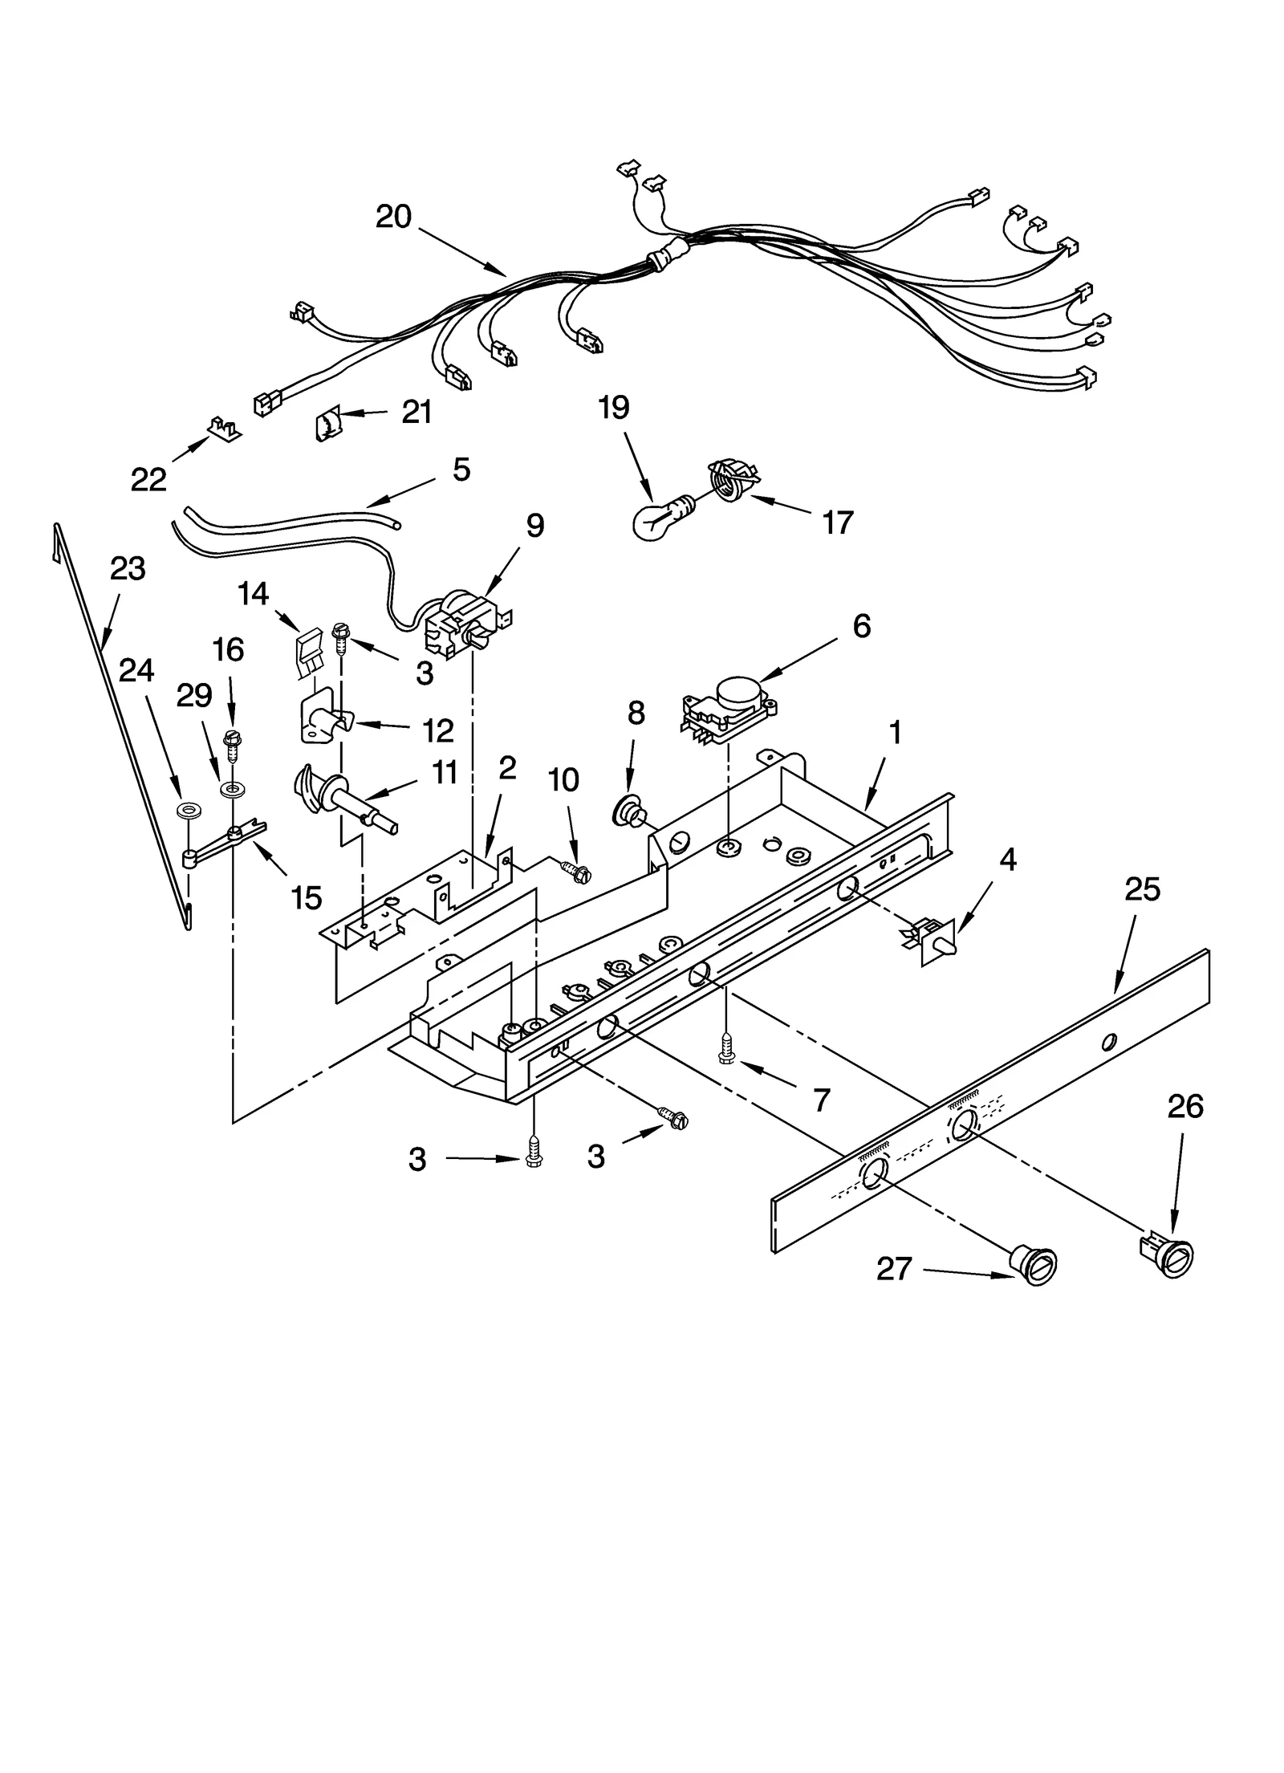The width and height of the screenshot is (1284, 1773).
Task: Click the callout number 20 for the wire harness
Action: click(x=393, y=217)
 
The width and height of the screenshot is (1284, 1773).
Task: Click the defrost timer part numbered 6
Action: click(x=729, y=704)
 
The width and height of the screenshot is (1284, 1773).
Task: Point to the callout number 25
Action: click(x=1142, y=889)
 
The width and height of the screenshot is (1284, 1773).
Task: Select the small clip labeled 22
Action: click(x=225, y=429)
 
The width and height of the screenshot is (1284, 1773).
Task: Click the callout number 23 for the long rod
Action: click(x=128, y=568)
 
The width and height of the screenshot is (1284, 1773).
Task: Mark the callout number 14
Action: click(x=253, y=594)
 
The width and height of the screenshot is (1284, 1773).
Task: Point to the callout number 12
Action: click(x=438, y=730)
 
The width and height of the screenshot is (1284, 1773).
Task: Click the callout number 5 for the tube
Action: click(x=461, y=470)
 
